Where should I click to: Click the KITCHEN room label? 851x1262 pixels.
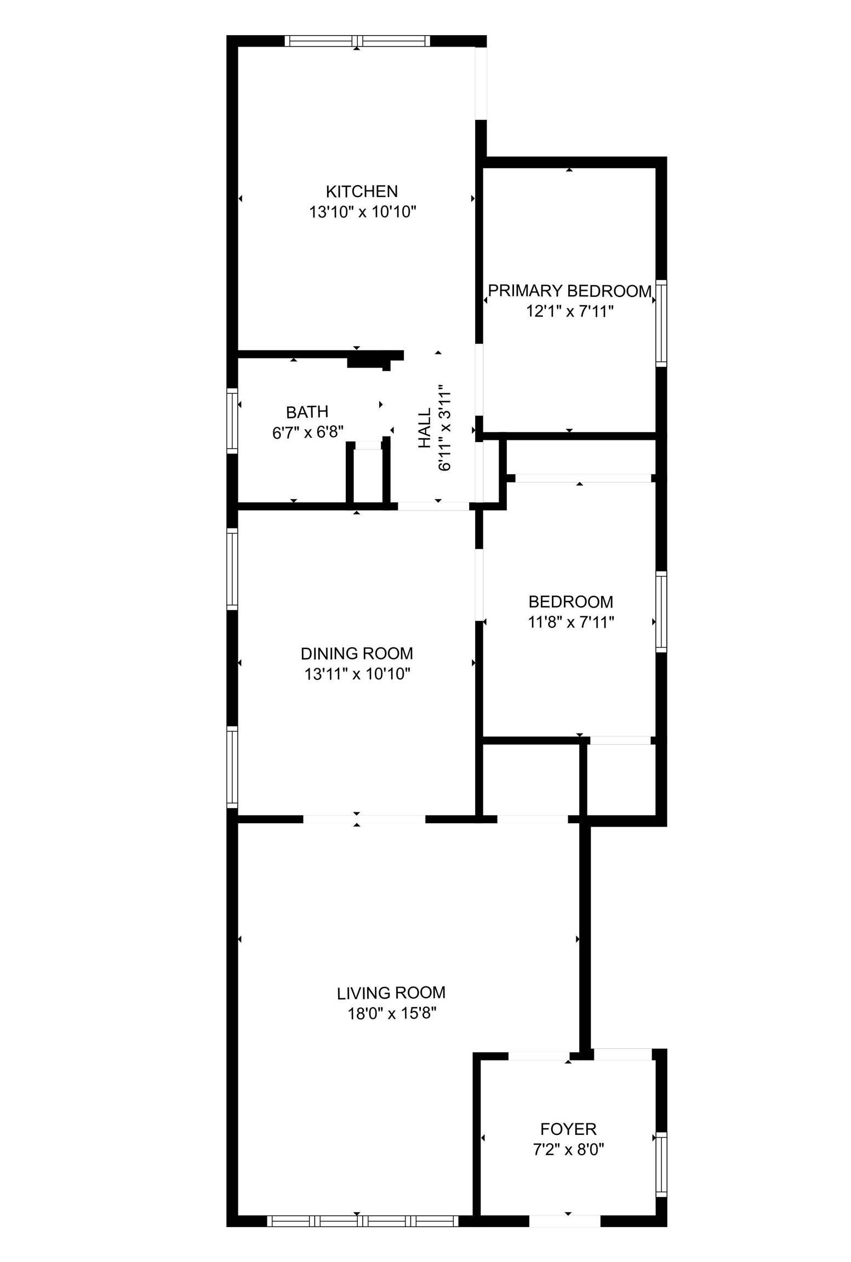pyautogui.click(x=362, y=191)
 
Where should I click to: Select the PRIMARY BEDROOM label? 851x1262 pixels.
pyautogui.click(x=569, y=291)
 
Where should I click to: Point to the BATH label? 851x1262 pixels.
pyautogui.click(x=307, y=411)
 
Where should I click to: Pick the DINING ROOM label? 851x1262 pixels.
pyautogui.click(x=357, y=653)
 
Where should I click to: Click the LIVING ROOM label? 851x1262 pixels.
pyautogui.click(x=391, y=993)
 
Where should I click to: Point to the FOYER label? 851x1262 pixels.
pyautogui.click(x=568, y=1129)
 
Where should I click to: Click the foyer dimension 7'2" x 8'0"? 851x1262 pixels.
pyautogui.click(x=568, y=1149)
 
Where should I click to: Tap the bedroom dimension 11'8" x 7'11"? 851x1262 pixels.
pyautogui.click(x=570, y=622)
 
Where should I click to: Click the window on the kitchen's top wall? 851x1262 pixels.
pyautogui.click(x=357, y=41)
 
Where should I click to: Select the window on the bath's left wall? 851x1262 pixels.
pyautogui.click(x=232, y=421)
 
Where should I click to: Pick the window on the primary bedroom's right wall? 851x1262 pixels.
pyautogui.click(x=661, y=323)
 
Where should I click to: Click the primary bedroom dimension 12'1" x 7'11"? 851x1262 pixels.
pyautogui.click(x=569, y=311)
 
